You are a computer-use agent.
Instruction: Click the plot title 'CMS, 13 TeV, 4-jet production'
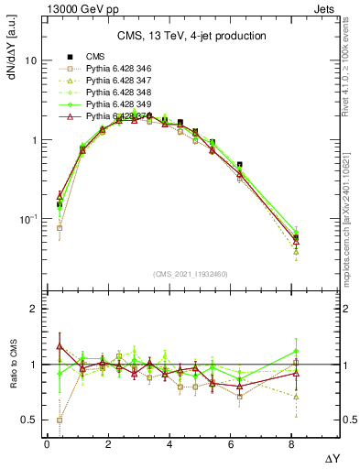[x=191, y=36]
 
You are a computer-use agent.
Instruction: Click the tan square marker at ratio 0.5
[x=60, y=420]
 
